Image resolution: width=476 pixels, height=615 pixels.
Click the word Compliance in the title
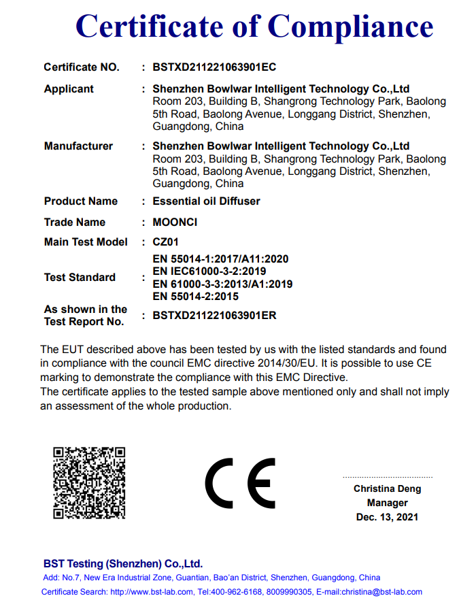[x=350, y=26]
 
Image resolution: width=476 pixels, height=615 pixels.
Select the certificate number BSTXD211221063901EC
[x=214, y=67]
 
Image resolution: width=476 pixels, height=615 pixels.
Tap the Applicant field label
[x=69, y=89]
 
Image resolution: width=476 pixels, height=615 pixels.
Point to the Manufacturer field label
[x=78, y=146]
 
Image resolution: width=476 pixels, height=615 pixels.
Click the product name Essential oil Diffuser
[x=206, y=201]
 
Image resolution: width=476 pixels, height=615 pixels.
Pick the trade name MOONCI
[x=175, y=222]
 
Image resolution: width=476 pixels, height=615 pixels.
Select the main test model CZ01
[x=166, y=242]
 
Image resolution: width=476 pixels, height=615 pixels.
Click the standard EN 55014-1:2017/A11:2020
[x=221, y=259]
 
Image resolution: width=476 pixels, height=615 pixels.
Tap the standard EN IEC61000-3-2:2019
[x=209, y=271]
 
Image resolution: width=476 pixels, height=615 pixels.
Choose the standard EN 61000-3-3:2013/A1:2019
[x=222, y=284]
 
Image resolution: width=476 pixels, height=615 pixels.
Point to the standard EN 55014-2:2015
[x=196, y=296]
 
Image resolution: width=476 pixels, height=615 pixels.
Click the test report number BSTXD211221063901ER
[x=214, y=316]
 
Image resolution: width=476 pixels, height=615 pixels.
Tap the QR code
[x=90, y=482]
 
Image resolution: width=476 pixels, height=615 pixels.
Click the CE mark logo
[x=240, y=483]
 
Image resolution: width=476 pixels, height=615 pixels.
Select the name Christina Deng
[x=387, y=489]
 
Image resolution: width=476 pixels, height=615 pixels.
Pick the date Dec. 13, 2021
[x=387, y=518]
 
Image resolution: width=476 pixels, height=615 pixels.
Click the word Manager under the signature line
[x=387, y=503]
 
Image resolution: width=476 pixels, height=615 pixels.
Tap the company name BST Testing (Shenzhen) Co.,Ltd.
[x=123, y=564]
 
